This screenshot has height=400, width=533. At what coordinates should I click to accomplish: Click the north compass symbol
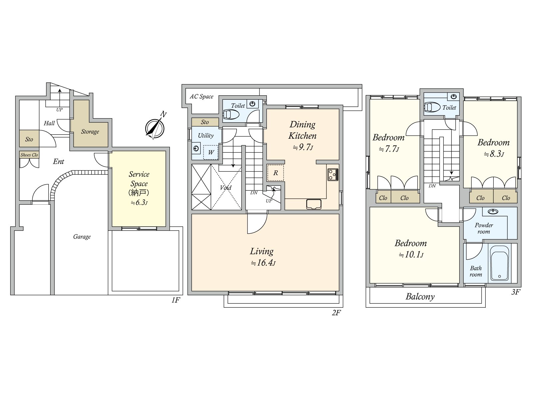[155, 128]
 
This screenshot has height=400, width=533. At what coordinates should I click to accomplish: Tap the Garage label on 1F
[82, 237]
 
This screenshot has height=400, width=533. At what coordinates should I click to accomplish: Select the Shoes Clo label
[29, 155]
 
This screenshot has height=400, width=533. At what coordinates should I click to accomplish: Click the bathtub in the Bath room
[499, 263]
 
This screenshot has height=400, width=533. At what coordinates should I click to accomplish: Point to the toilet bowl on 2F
[231, 114]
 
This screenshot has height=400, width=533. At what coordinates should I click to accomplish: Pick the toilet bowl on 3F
[432, 107]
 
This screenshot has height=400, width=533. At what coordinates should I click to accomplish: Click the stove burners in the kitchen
[333, 174]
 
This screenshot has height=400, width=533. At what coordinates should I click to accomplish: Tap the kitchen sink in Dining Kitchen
[314, 204]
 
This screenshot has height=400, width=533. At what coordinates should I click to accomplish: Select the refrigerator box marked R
[275, 173]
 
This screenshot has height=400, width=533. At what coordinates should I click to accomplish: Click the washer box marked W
[211, 152]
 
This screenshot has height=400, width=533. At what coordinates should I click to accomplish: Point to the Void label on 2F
[226, 187]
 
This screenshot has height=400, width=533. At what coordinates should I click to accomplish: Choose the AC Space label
[201, 96]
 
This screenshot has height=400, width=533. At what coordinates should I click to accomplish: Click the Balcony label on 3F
[420, 297]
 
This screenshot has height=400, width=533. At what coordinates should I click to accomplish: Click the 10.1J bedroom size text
[411, 255]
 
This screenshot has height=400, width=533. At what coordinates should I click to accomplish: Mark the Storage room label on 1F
[90, 132]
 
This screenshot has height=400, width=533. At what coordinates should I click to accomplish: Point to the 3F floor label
[516, 292]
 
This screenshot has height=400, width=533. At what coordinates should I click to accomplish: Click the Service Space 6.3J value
[139, 202]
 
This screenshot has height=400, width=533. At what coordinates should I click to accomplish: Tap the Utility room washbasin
[196, 148]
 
